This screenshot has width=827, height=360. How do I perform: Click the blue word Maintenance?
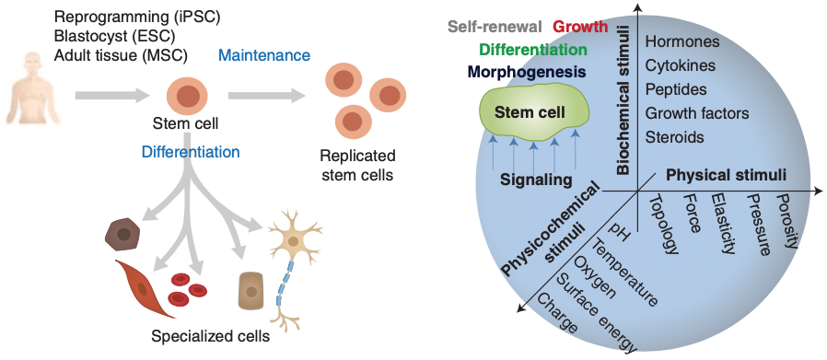[264, 56]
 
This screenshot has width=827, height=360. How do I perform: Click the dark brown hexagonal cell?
[123, 234]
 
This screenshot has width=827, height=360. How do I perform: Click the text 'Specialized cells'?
[210, 336]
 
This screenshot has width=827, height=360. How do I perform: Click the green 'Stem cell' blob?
[534, 111]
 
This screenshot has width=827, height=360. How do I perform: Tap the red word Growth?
[581, 27]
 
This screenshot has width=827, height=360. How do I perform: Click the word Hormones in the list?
[682, 41]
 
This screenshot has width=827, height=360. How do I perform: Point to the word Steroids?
[674, 137]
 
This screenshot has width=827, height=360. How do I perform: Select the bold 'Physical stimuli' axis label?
[726, 174]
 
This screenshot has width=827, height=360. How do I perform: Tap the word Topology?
[664, 224]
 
